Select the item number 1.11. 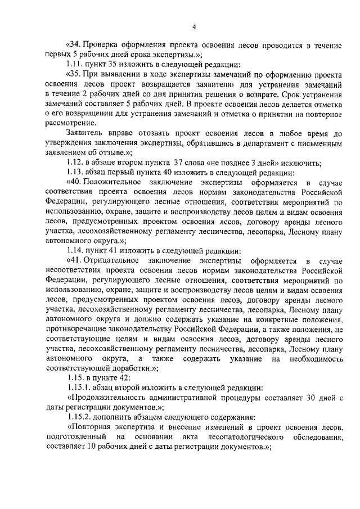(75, 65)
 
